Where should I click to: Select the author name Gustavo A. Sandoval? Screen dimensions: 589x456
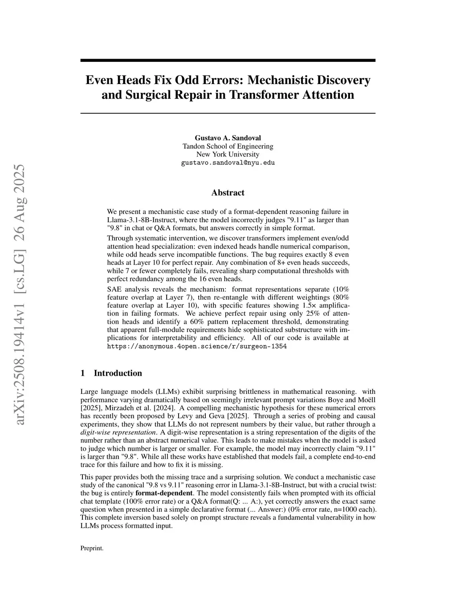(228, 138)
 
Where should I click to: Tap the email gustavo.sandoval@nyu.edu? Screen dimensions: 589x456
(228, 163)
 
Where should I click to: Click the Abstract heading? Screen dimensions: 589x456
(228, 192)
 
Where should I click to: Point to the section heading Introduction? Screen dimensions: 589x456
(118, 373)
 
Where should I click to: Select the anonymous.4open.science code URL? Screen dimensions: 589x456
(197, 346)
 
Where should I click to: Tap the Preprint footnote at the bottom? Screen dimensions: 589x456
(92, 548)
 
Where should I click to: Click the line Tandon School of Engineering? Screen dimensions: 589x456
(228, 146)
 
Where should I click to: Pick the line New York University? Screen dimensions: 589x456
(228, 154)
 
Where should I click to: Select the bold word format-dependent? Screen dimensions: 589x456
(164, 493)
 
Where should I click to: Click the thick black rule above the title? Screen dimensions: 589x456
(228, 60)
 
